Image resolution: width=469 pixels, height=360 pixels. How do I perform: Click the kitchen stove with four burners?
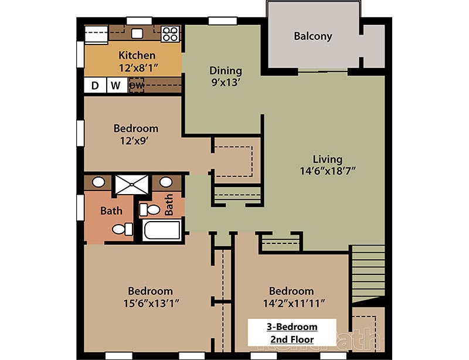[x=170, y=34]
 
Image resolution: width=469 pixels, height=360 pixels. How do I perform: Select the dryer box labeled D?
[x=94, y=86]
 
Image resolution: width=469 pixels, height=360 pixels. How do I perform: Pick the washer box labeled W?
[x=115, y=86]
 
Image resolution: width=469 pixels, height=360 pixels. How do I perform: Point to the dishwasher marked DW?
[x=136, y=86]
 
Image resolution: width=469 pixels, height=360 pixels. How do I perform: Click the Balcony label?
[x=312, y=36]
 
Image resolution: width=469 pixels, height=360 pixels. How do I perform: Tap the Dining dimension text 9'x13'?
[x=226, y=83]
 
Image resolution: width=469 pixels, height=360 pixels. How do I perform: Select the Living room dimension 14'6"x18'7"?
[x=327, y=171]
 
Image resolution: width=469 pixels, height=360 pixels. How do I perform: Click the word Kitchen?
[x=137, y=55]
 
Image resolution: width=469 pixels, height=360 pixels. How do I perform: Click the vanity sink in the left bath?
[x=99, y=182]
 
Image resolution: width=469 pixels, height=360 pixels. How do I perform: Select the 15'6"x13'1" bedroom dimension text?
[x=150, y=303]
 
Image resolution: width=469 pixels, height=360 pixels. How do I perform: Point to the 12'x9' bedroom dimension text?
[x=135, y=141]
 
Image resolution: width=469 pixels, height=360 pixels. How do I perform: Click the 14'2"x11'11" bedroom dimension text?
[x=291, y=303]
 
